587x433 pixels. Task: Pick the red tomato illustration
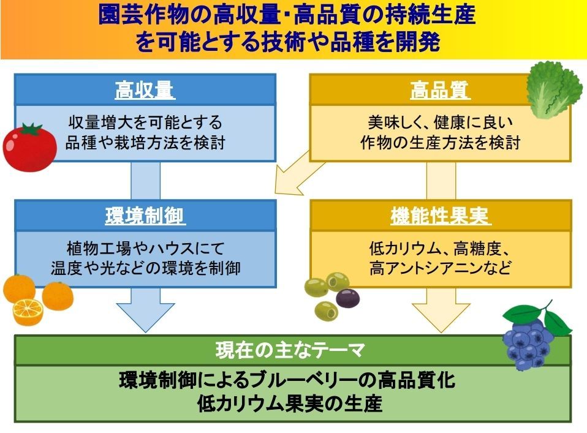click(x=28, y=148)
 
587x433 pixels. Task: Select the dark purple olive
click(x=348, y=298)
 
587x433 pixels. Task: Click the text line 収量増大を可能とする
click(x=145, y=122)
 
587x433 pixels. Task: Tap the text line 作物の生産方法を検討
click(x=440, y=143)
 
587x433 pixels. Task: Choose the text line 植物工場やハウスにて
click(x=145, y=248)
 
